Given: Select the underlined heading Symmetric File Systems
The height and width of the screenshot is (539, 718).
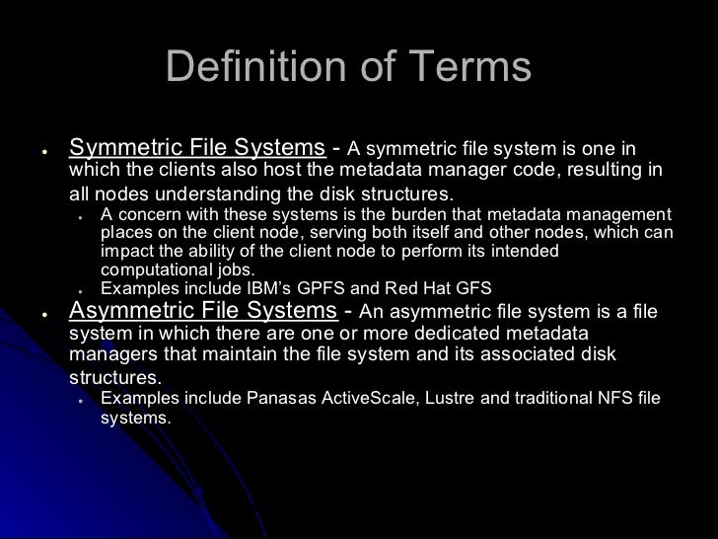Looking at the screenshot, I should point(197,149).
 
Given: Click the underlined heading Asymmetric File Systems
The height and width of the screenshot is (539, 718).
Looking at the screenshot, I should point(204,312).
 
